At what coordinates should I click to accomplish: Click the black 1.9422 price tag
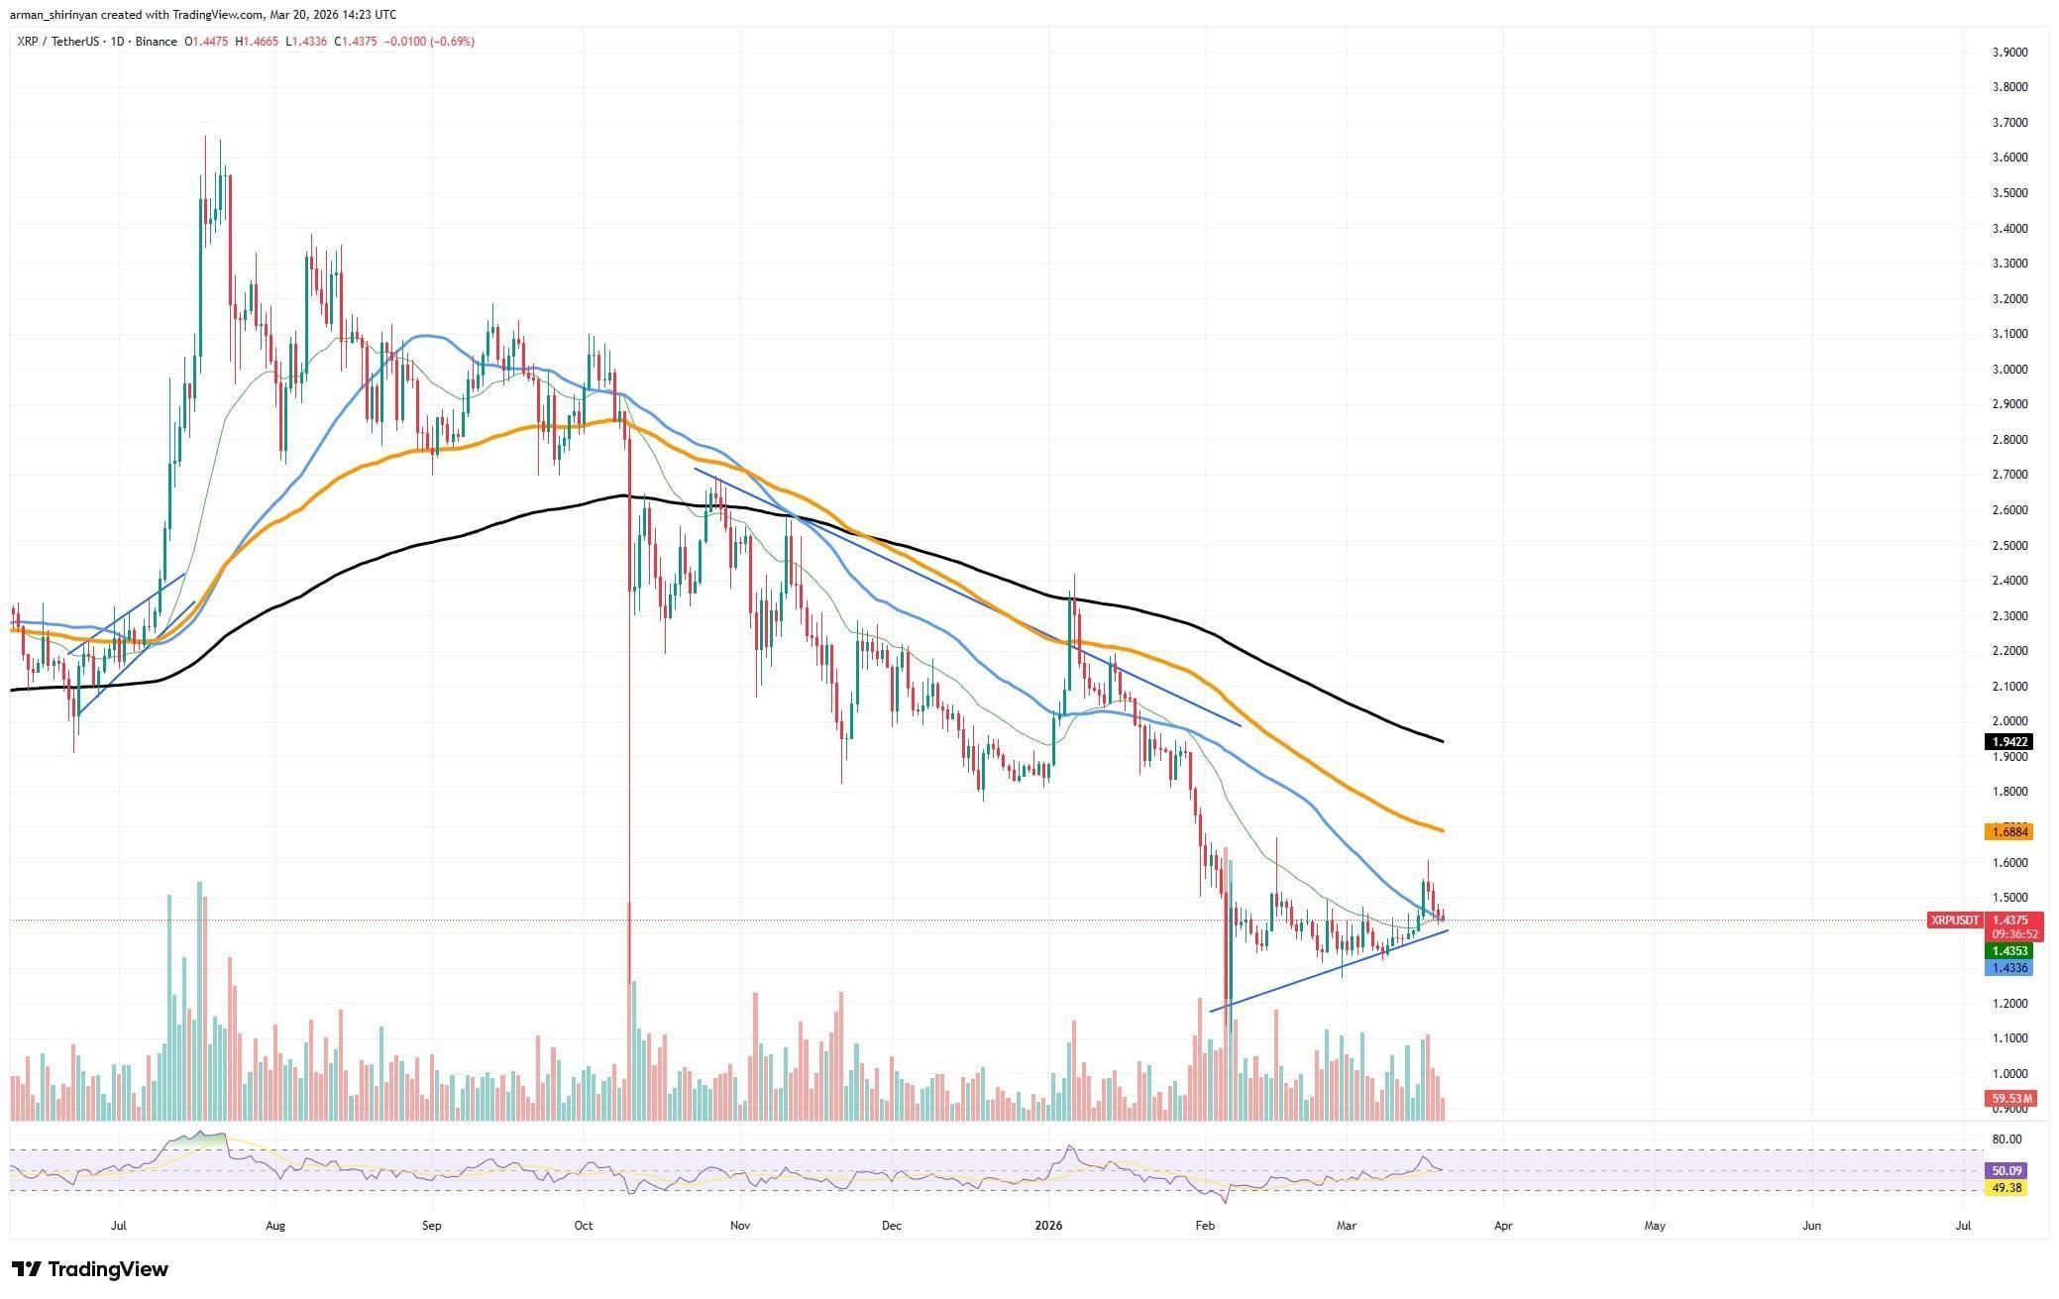[2008, 741]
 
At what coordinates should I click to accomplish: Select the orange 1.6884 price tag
[2008, 832]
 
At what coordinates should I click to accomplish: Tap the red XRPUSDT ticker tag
[1955, 920]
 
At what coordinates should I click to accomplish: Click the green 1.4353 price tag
[2008, 951]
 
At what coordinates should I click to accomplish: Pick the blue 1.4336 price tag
[2008, 968]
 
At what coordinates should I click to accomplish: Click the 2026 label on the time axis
[1048, 1226]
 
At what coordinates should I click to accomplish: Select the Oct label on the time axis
[584, 1226]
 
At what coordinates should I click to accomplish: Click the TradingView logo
[90, 1269]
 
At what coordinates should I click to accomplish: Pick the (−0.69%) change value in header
[451, 42]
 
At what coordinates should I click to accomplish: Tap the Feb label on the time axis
[1204, 1226]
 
